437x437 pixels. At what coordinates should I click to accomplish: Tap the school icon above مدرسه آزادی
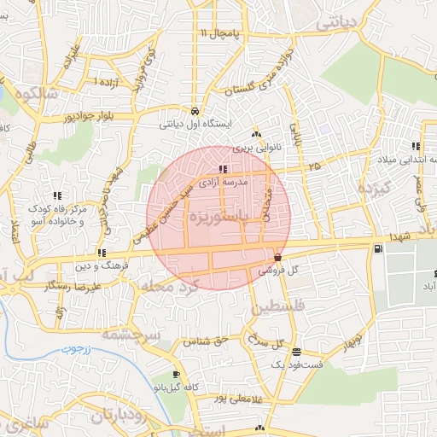tap(223, 169)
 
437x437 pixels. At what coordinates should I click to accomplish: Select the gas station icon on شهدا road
tap(376, 248)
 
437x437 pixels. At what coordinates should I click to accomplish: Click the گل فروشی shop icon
tap(277, 257)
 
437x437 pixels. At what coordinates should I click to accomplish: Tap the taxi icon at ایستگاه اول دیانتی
tap(195, 112)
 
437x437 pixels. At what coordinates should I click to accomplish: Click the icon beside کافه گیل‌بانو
tap(176, 375)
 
